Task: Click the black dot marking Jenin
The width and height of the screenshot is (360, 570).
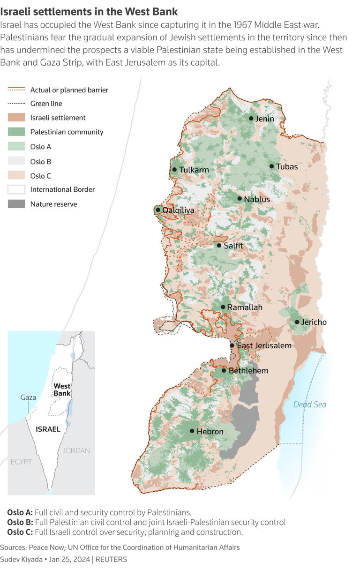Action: point(251,119)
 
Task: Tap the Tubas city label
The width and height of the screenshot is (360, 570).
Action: point(287,166)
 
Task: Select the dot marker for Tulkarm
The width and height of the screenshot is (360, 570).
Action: point(174,170)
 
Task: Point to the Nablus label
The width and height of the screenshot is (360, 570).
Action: point(257,199)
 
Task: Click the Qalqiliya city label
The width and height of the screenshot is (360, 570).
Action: point(178,210)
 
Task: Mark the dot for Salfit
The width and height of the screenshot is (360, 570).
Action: point(219,245)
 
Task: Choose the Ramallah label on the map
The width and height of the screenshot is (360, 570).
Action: point(245,307)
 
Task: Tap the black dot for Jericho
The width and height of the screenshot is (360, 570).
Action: point(297,322)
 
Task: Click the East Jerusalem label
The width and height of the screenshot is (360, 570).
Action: point(264,345)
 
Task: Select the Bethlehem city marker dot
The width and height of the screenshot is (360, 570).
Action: point(224,371)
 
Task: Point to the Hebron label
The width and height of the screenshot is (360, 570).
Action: point(210,431)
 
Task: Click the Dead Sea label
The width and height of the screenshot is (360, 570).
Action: point(309,405)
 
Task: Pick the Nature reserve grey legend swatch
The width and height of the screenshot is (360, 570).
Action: point(16,204)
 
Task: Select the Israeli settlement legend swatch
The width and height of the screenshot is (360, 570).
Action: point(16,118)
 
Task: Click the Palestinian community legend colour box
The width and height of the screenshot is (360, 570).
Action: point(16,132)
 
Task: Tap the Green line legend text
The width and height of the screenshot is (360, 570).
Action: point(46,104)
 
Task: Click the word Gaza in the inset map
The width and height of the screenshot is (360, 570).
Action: point(28,397)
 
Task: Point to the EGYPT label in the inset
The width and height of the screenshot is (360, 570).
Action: point(21,462)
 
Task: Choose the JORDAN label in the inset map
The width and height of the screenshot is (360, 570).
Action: point(76,450)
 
